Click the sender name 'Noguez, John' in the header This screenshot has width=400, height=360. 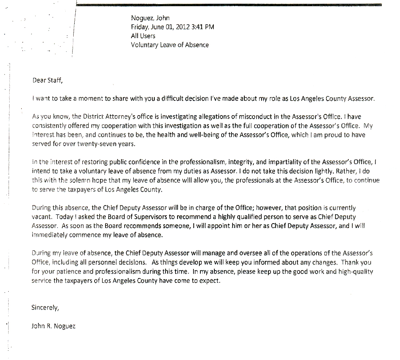coord(150,18)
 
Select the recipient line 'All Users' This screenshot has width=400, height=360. coord(143,36)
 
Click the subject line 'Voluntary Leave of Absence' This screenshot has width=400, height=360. coord(170,45)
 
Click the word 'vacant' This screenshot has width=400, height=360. coord(41,217)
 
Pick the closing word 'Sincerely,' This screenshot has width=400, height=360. coord(45,308)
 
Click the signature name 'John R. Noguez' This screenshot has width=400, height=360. coord(53,326)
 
